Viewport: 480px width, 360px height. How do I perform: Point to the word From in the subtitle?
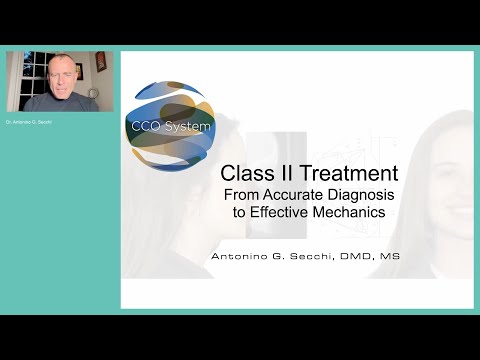click(241, 195)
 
